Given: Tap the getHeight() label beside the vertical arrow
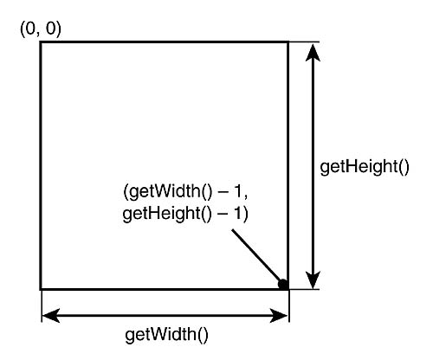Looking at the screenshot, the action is pyautogui.click(x=365, y=167).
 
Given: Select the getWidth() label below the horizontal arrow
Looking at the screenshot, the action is pyautogui.click(x=166, y=335).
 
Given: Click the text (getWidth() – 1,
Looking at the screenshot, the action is pyautogui.click(x=185, y=191).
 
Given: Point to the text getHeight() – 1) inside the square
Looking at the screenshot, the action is pyautogui.click(x=185, y=214).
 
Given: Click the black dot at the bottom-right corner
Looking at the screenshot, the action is pyautogui.click(x=283, y=285).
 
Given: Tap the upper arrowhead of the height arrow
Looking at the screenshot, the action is pyautogui.click(x=313, y=53).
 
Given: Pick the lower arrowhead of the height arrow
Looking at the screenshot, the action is pyautogui.click(x=313, y=280).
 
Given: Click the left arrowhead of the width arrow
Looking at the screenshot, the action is pyautogui.click(x=51, y=315).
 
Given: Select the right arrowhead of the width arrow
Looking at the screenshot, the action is pyautogui.click(x=279, y=315).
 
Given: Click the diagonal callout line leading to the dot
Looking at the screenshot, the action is pyautogui.click(x=256, y=255).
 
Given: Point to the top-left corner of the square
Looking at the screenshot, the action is pyautogui.click(x=41, y=42).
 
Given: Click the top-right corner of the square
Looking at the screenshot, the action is pyautogui.click(x=288, y=42).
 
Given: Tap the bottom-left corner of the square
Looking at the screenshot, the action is pyautogui.click(x=41, y=288).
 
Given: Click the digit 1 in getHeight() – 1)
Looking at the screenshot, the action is pyautogui.click(x=237, y=214).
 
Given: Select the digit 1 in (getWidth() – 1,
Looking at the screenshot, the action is pyautogui.click(x=237, y=191).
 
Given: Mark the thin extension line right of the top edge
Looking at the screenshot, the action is pyautogui.click(x=304, y=42).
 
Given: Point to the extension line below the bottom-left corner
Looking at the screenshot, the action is pyautogui.click(x=42, y=305).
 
